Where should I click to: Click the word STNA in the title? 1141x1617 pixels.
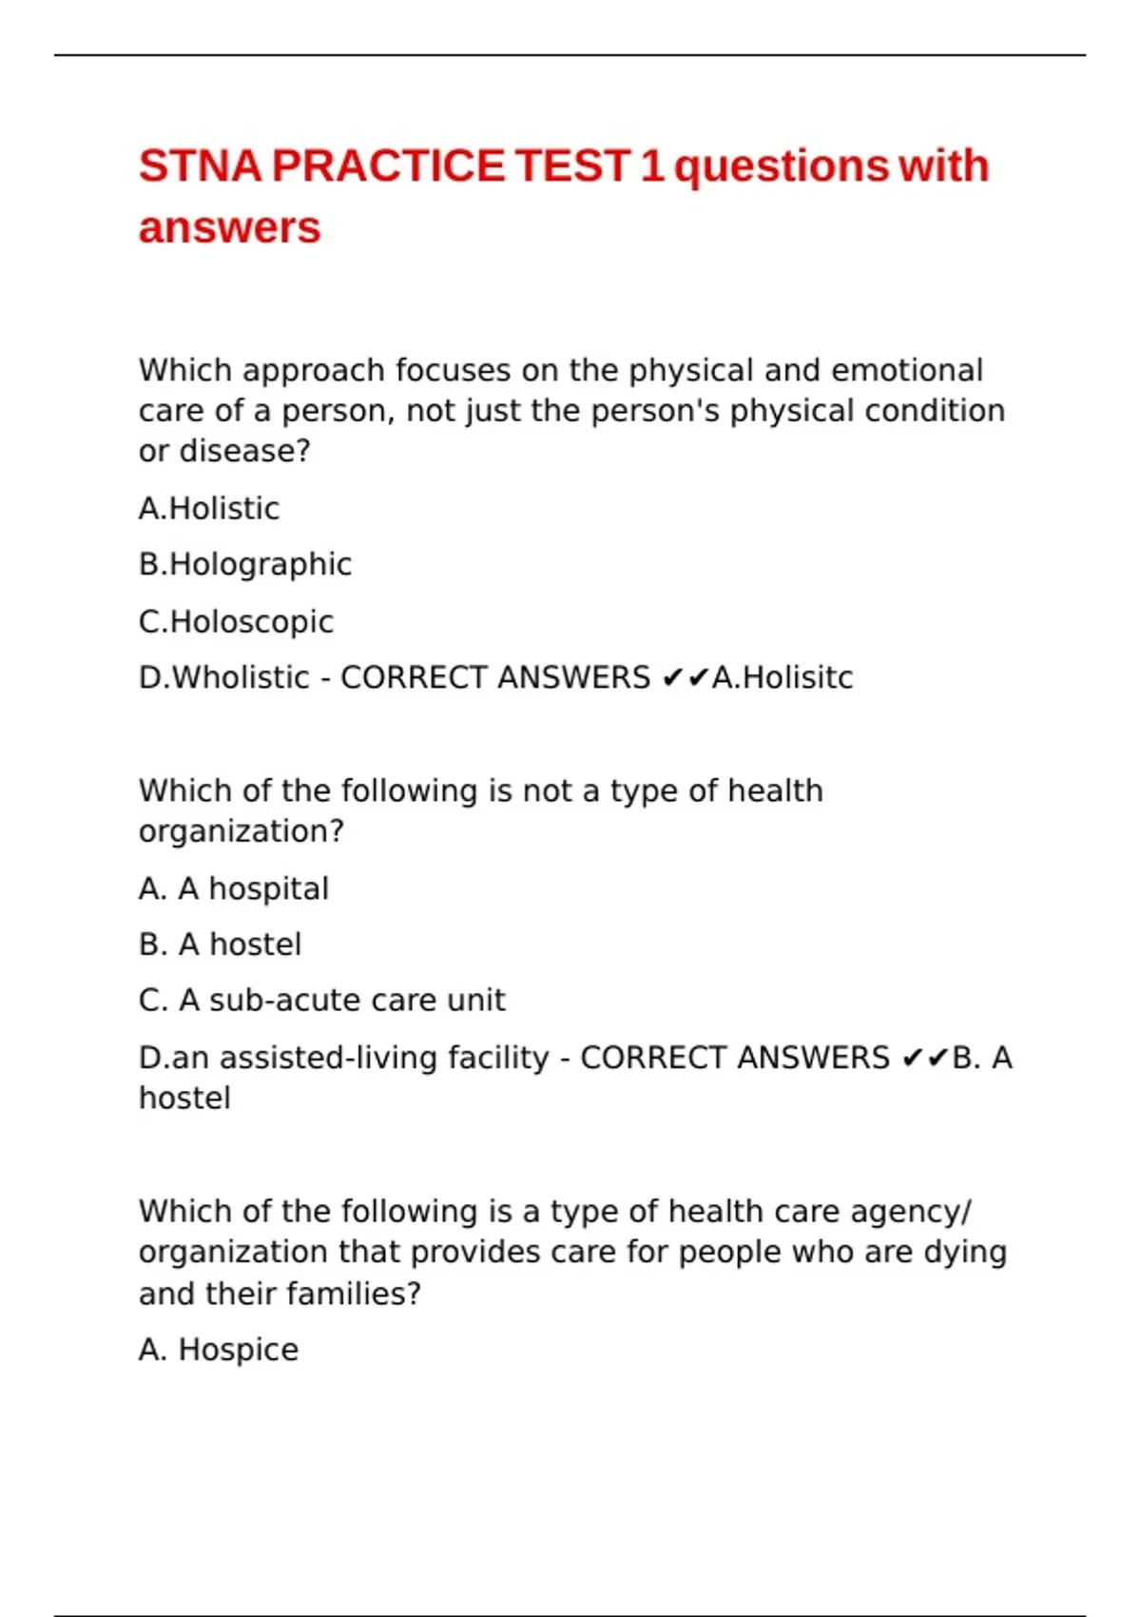200,166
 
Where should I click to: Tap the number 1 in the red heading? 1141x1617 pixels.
650,166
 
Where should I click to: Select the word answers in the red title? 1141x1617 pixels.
229,228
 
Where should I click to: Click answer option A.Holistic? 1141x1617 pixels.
209,509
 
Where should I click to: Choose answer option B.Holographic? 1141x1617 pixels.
245,565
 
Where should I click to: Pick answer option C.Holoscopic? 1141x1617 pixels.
236,622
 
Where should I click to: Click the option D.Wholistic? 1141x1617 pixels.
224,678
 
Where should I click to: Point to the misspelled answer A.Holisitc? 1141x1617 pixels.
783,678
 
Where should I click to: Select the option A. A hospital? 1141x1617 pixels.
234,889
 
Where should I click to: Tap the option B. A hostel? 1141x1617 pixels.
221,945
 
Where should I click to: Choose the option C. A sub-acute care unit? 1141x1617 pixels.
322,1001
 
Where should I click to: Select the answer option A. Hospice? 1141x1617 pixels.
219,1350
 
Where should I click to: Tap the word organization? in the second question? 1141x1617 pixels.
242,832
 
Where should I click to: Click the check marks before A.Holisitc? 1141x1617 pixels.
685,678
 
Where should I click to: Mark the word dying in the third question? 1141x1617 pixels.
965,1253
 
